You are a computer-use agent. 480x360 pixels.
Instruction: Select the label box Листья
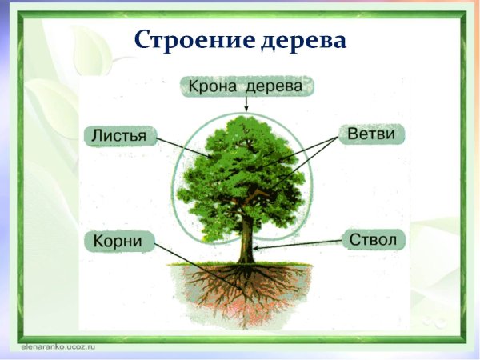(x=118, y=135)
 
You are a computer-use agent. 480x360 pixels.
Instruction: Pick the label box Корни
(x=118, y=241)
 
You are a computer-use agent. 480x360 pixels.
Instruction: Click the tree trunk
(x=248, y=236)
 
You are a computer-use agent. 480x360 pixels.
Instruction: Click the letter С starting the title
(x=142, y=39)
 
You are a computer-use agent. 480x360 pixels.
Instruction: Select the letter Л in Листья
(x=97, y=135)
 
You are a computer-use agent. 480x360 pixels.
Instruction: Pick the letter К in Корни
(x=98, y=241)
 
